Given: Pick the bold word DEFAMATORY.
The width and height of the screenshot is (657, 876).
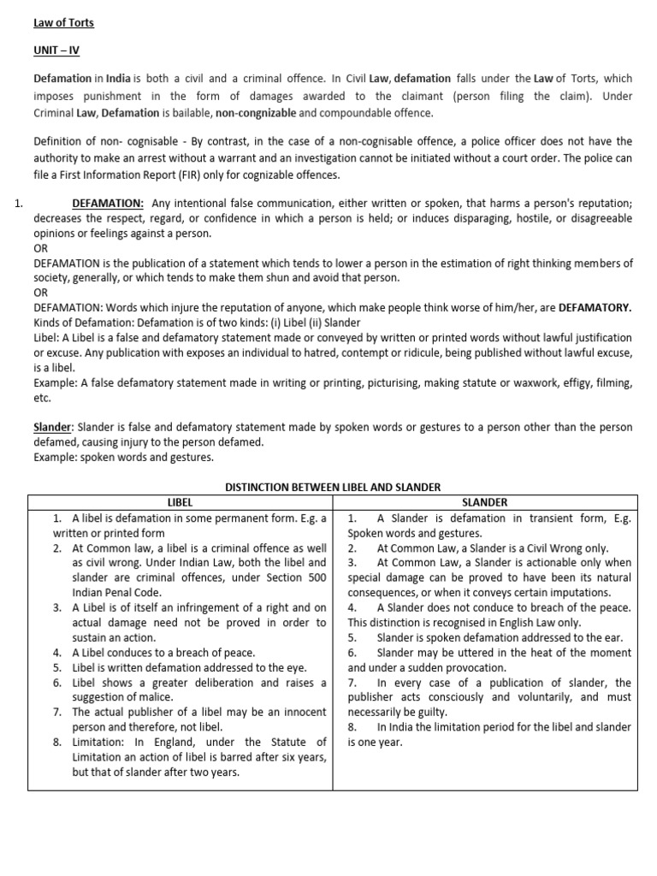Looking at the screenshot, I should click(595, 307).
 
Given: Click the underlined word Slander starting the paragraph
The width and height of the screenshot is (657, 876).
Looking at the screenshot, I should click(51, 427).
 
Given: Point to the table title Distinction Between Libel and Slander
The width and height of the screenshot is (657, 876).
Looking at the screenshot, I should click(332, 487).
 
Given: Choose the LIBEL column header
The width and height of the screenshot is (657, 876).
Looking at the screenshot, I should click(179, 502).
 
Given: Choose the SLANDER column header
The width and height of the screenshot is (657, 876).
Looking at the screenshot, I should click(485, 502).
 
